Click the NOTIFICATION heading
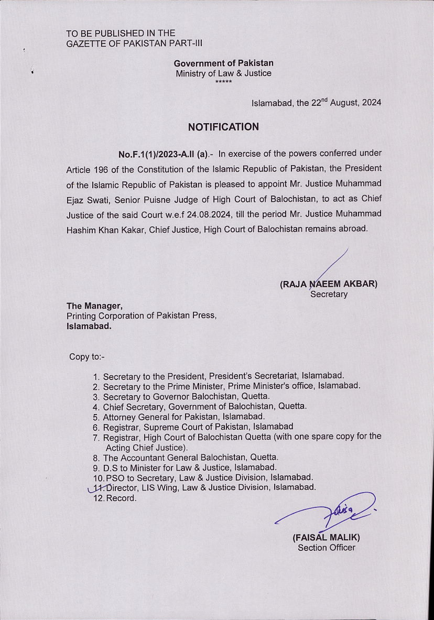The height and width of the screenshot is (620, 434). point(223,127)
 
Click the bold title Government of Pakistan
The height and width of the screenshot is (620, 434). point(223,63)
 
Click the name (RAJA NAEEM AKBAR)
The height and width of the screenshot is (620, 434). point(329,284)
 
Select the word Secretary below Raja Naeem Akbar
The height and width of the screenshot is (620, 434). point(329,294)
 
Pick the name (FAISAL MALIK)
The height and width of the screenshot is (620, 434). point(326,538)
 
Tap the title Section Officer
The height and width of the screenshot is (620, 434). point(327,548)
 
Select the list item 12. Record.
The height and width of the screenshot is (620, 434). point(115,498)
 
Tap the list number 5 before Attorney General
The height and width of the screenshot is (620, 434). point(96,417)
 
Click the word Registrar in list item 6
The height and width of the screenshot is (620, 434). point(122,427)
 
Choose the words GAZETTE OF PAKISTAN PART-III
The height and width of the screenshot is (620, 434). point(134,43)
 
